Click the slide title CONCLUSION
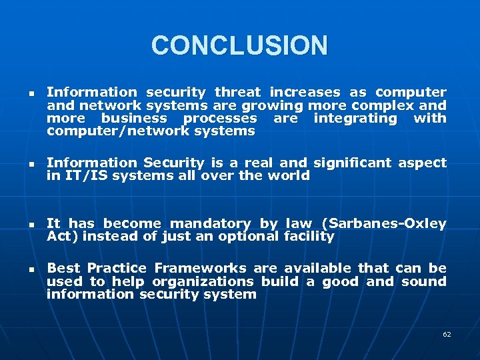pos(239,46)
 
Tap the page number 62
pos(447,334)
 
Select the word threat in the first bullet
pos(239,93)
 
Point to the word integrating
pos(355,118)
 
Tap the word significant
pos(353,163)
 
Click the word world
pos(289,175)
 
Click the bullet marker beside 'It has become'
pos(23,225)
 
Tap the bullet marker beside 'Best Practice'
pos(23,269)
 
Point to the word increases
pos(305,93)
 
